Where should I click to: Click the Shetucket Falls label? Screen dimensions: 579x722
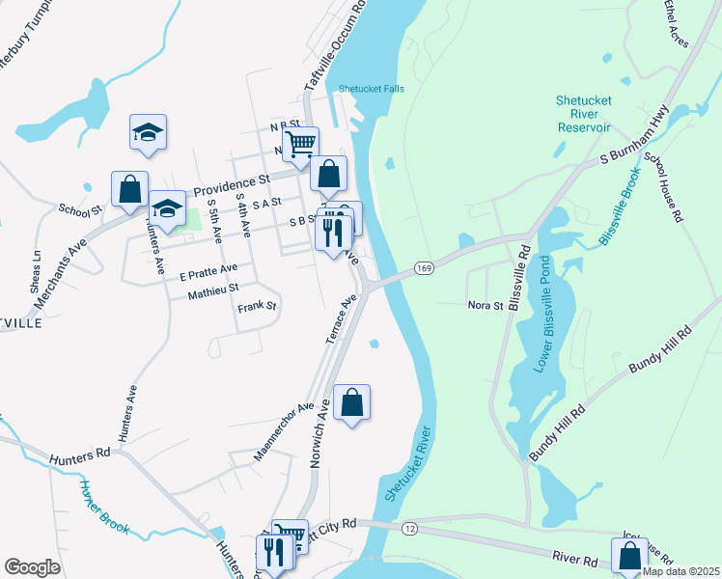coord(371,89)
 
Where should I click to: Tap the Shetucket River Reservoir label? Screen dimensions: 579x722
coord(583,114)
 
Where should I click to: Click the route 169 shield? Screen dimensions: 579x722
coord(423,266)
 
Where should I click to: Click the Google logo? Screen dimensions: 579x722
coord(32,567)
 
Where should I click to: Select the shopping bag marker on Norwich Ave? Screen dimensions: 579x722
coord(352,403)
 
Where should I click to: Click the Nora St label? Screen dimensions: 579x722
coord(486,305)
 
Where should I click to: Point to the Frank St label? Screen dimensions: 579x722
coord(257,307)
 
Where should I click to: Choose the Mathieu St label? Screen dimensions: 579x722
coord(212,289)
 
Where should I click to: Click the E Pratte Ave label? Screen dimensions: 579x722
coord(208,268)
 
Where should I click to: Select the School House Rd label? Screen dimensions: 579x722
coord(663,189)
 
